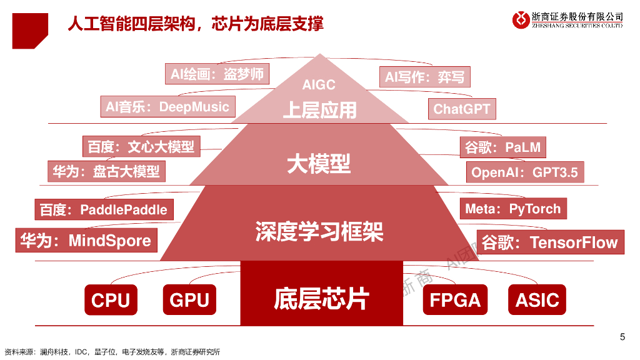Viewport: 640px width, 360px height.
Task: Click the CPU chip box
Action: coord(110,300)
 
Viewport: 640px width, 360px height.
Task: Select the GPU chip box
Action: coord(189,300)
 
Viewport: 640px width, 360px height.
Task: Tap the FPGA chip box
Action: coord(455,300)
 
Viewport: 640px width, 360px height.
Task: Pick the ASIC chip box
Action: coord(537,300)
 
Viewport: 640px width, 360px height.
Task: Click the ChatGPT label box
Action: coord(462,109)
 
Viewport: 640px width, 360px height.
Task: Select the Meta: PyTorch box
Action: coord(513,209)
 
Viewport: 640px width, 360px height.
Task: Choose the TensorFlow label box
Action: coord(551,242)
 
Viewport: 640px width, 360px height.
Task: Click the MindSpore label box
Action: coord(86,241)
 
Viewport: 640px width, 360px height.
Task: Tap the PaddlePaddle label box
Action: coord(104,209)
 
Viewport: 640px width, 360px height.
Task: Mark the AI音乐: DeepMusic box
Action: coord(167,107)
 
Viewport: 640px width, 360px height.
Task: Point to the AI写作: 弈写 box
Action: coord(424,77)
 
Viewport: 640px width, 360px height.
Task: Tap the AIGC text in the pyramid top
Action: coord(319,84)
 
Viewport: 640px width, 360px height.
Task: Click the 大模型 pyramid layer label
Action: coord(319,164)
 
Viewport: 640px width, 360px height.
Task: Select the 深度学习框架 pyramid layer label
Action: coord(319,232)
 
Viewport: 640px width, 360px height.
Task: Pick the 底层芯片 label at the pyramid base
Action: coord(321,299)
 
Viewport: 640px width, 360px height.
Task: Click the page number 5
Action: coord(622,337)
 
